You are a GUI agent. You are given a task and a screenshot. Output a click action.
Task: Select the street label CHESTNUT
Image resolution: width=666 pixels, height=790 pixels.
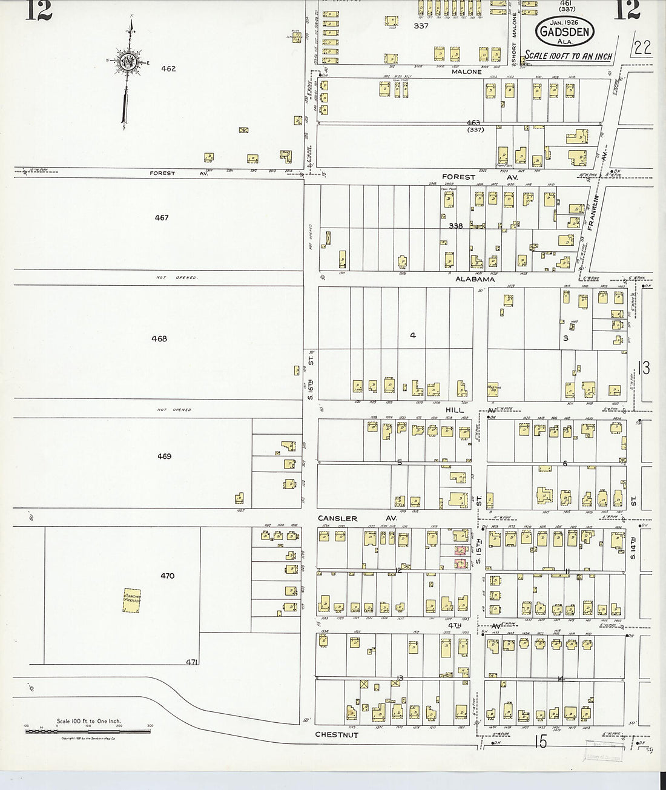[x=337, y=735]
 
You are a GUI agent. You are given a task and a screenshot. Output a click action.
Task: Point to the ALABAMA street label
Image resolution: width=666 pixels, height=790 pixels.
[x=475, y=280]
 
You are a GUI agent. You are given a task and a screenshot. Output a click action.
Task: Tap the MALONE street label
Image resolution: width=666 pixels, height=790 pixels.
[x=466, y=71]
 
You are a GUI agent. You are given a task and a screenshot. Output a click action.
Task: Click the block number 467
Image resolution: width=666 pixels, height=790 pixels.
[x=161, y=218]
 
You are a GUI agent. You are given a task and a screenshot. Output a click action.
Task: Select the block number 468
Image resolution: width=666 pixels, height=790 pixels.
[x=159, y=339]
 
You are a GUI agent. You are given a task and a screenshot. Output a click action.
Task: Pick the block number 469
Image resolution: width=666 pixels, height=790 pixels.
[x=164, y=456]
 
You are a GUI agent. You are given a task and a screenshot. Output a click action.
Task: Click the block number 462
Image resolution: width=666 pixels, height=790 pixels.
[x=168, y=69]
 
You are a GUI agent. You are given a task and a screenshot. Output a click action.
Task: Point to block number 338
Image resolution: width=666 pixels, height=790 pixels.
[x=456, y=226]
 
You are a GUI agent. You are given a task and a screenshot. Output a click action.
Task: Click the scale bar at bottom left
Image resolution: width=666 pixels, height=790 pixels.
[x=88, y=731]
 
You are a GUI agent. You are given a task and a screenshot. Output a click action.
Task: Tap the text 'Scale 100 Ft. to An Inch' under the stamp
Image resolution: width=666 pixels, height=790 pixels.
[x=568, y=56]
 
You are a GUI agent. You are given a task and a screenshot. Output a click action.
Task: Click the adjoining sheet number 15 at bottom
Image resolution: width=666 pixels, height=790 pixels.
[x=541, y=741]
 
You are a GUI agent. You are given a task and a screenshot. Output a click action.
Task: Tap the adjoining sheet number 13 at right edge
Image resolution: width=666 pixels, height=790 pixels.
[x=644, y=367]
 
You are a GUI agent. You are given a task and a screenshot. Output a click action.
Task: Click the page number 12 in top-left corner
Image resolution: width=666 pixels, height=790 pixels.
[x=38, y=11]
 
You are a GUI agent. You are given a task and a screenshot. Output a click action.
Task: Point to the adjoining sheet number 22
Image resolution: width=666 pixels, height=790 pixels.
[x=643, y=48]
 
